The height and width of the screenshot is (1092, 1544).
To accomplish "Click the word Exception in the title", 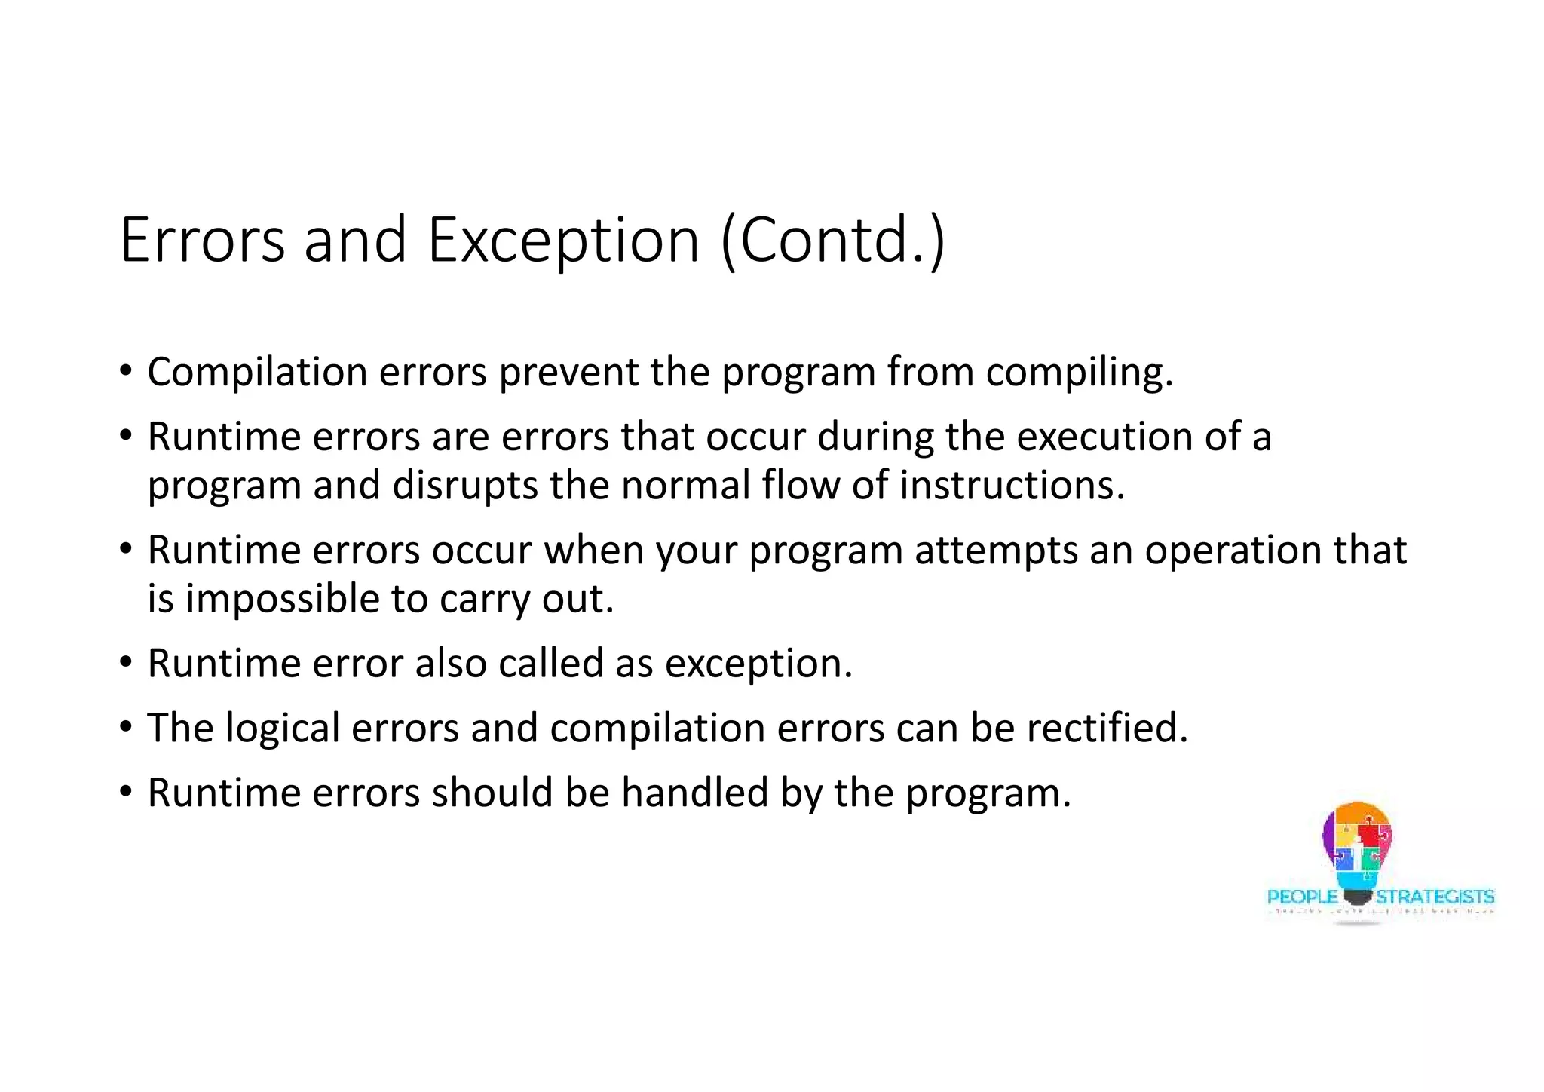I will click(563, 241).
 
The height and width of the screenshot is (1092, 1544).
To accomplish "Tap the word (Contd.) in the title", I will click(833, 241).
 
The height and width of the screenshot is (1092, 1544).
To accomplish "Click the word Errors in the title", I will click(202, 241).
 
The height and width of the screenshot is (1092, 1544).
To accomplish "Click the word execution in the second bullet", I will click(1104, 437).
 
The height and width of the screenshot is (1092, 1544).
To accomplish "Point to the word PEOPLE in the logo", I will click(1302, 897).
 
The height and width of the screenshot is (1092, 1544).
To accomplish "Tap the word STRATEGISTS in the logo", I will click(1435, 897).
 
